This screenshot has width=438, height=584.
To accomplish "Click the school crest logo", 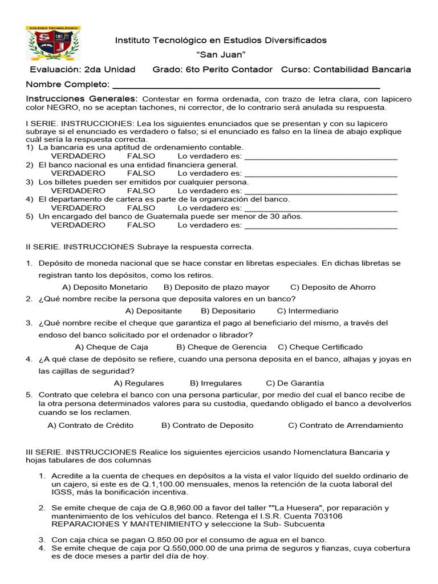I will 54,43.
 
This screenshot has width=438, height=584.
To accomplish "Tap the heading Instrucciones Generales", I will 82,99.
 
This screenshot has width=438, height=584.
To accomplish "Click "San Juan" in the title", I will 221,55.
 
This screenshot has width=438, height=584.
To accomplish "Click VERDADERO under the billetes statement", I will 78,190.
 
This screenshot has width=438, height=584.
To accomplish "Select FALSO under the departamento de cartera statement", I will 141,208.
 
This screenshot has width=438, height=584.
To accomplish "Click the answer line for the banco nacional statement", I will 321,173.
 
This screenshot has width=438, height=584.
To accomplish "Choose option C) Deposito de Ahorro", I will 332,287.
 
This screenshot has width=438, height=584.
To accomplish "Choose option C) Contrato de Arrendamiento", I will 345,425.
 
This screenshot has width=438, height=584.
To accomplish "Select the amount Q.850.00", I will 152,540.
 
